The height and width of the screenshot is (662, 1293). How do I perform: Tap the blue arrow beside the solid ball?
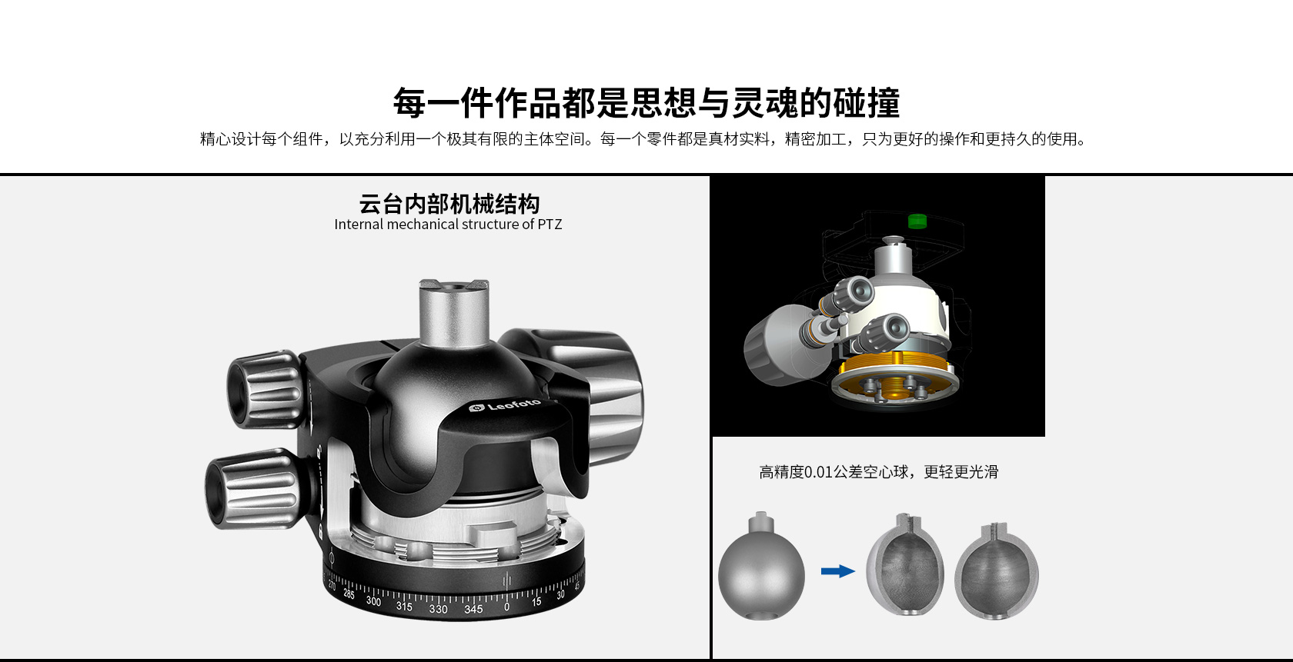837,571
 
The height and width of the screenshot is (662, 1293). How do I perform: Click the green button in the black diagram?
917,221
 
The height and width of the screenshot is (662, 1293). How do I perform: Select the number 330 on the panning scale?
438,609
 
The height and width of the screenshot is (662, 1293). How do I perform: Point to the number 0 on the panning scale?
506,607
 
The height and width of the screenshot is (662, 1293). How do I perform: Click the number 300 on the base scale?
373,601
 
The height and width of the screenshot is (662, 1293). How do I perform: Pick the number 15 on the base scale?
536,602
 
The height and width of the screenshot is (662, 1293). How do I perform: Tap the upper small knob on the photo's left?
265,389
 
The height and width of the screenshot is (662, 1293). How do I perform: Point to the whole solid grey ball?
761,566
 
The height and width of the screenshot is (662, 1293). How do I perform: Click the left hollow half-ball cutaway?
905,564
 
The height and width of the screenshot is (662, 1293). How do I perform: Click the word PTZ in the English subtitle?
550,225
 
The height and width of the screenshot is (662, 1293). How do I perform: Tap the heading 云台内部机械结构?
449,204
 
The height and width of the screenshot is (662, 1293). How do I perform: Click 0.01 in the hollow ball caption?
819,472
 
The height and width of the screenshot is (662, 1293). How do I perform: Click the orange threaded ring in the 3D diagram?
892,370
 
